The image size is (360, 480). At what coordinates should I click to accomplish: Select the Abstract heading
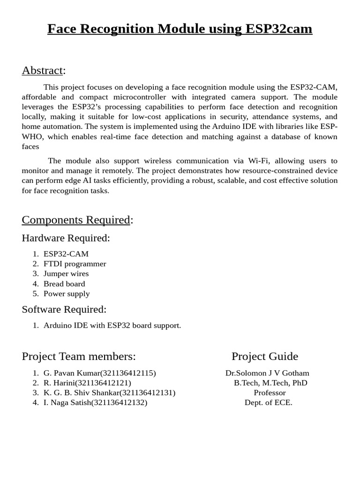click(42, 70)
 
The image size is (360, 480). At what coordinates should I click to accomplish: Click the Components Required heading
click(76, 220)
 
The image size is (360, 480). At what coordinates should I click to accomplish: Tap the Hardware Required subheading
click(66, 238)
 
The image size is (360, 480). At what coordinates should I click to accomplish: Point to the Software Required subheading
click(64, 309)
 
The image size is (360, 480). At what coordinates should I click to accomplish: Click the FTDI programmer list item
click(75, 264)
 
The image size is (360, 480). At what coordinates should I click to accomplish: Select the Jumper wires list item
click(66, 274)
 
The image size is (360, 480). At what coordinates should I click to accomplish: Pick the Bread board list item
click(64, 284)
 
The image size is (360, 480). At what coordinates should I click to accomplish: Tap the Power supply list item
click(67, 294)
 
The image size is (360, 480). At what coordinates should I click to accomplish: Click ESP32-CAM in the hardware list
click(66, 254)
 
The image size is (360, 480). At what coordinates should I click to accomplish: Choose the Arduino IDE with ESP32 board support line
click(112, 325)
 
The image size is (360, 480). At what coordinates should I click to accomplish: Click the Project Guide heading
click(265, 356)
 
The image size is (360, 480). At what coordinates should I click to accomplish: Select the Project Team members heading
click(79, 356)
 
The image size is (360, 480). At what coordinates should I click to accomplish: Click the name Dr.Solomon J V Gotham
click(267, 373)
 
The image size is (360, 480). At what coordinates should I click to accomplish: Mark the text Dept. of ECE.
click(268, 403)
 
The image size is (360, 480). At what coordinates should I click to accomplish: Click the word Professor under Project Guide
click(270, 393)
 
